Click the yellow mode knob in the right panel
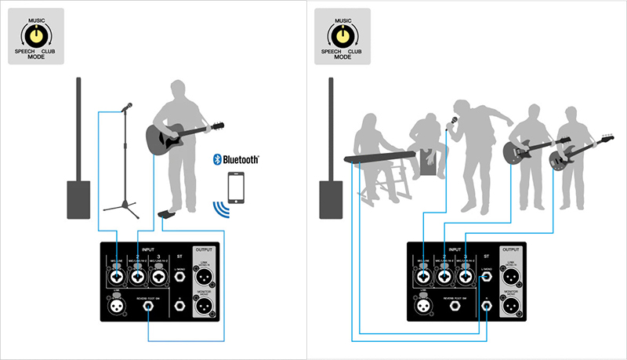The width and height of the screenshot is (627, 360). [342, 33]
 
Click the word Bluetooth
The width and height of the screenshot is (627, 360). [240, 159]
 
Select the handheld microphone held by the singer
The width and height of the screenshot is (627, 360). [453, 122]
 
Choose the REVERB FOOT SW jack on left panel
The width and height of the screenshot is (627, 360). [148, 306]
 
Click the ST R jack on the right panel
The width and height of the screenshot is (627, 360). [486, 305]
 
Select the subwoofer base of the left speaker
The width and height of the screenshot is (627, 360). [78, 199]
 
